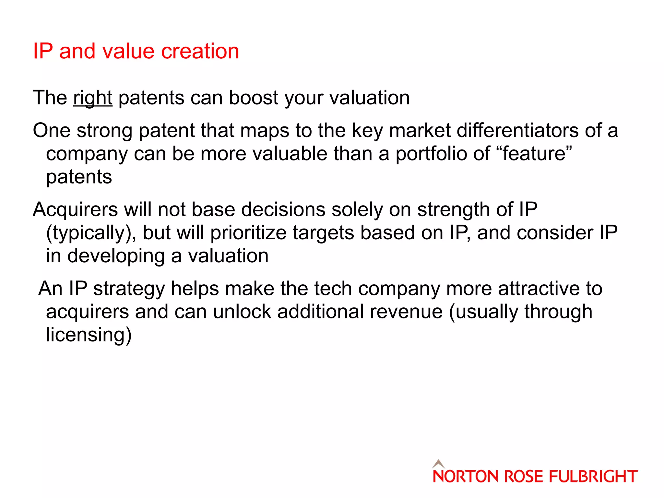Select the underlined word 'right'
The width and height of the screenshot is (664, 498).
coord(93,98)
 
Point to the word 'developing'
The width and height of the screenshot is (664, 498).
coord(116,256)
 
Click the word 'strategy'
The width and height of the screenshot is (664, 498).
coord(129,289)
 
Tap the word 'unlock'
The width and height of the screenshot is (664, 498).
coord(242,312)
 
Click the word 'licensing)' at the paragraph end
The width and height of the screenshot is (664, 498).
coord(89,335)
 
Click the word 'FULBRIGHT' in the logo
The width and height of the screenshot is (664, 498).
coord(593,476)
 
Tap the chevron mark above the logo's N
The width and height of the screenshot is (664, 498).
coord(438,463)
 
